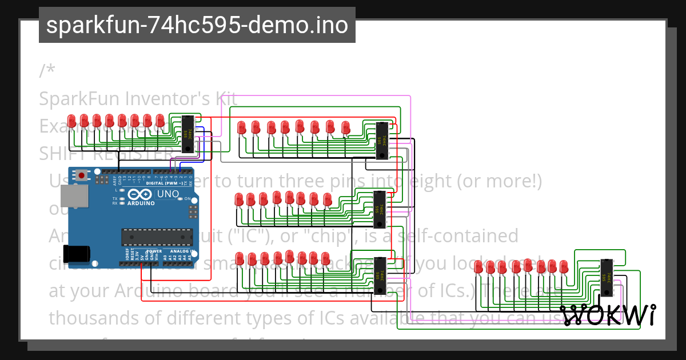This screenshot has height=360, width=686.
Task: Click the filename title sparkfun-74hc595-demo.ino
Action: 197,25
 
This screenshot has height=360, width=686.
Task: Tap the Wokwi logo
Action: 608,315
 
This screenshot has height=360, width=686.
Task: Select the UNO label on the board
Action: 168,194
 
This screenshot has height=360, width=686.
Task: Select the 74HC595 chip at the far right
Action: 607,278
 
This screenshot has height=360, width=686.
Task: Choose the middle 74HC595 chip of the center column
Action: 380,210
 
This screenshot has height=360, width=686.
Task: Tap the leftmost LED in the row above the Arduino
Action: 71,121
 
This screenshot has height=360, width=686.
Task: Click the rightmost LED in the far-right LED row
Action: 564,267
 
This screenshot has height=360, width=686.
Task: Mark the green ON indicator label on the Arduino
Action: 186,199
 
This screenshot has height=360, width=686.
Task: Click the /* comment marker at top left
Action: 47,71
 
